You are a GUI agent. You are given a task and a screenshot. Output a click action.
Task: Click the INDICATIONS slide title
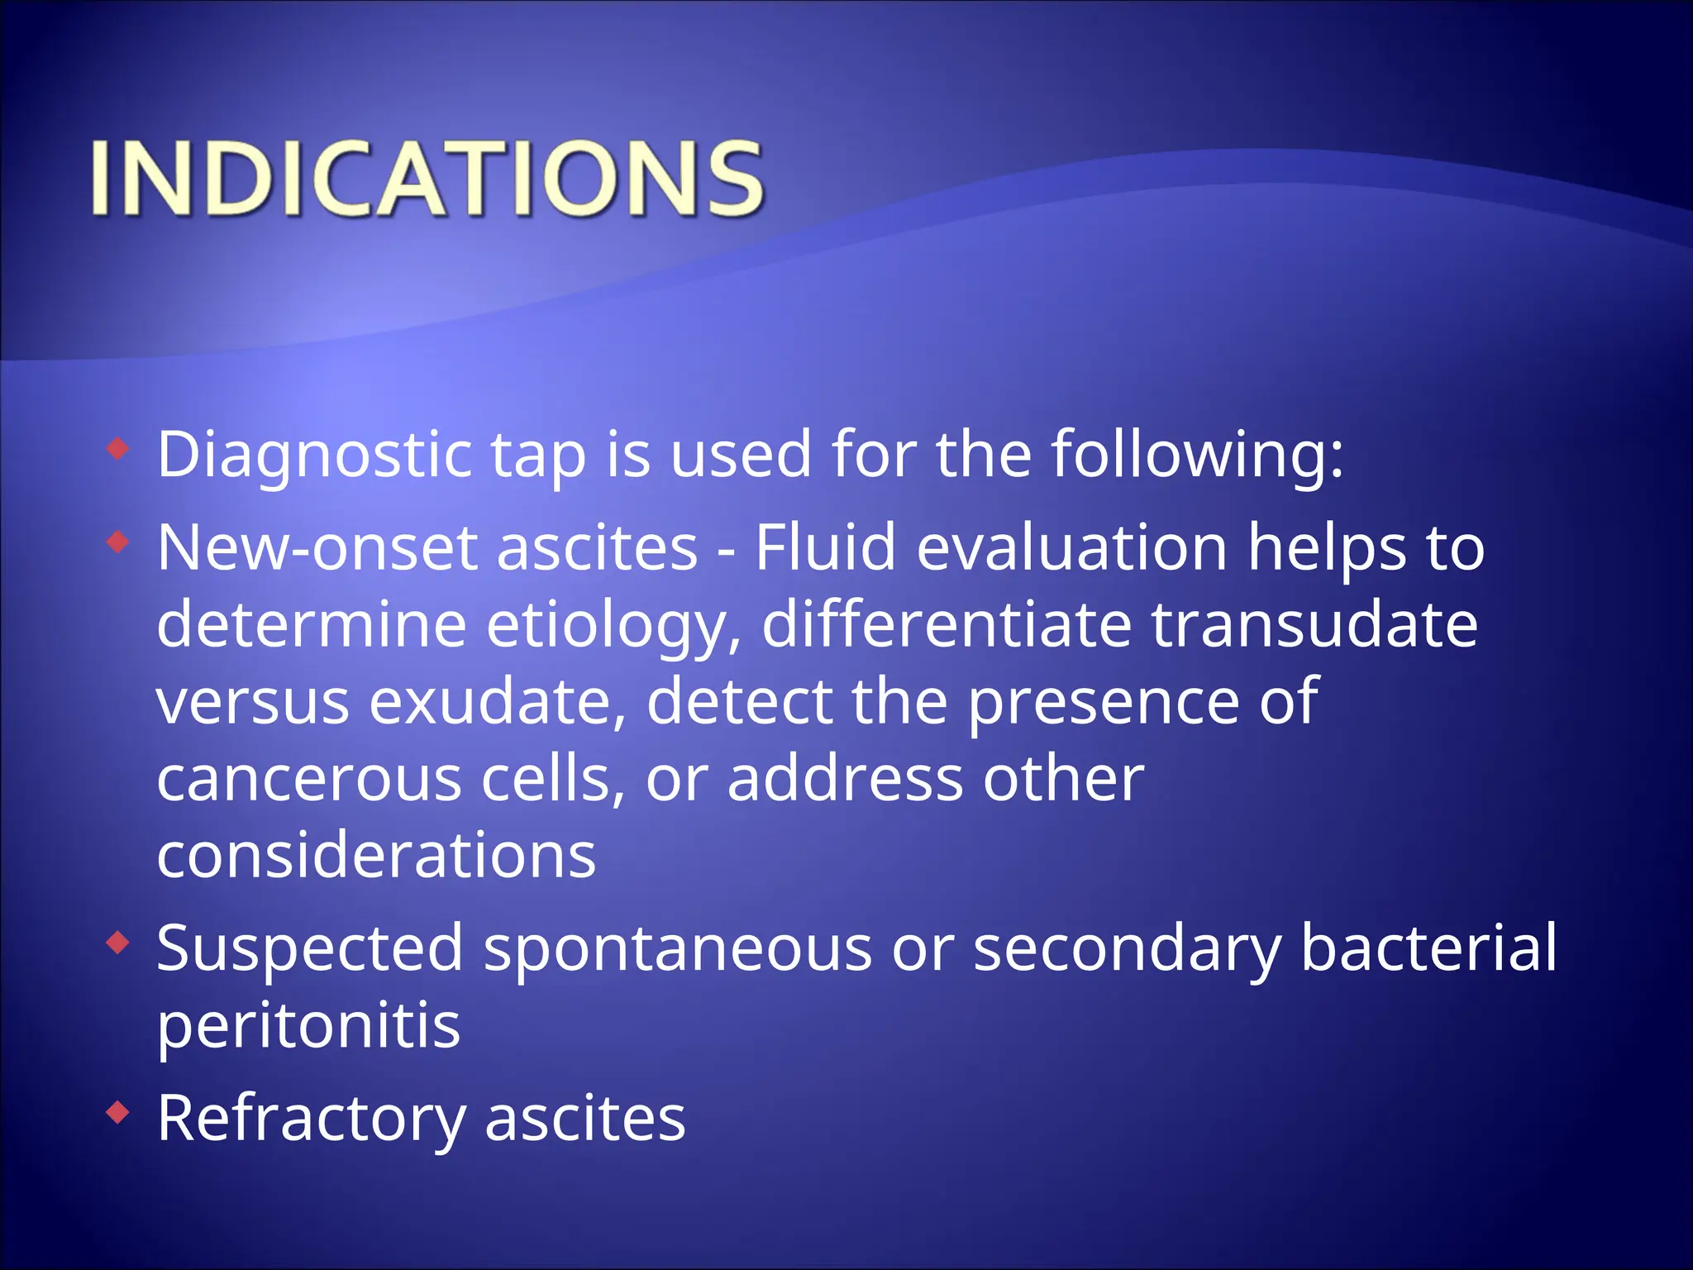tap(427, 179)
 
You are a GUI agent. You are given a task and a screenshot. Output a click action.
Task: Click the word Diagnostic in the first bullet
tap(314, 455)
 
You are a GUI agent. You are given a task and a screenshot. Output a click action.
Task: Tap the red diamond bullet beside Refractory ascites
tap(118, 1113)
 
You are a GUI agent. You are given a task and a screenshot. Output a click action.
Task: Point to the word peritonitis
tap(308, 1026)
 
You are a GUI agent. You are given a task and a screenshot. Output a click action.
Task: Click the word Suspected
tap(309, 949)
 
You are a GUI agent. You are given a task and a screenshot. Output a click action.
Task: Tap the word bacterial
tap(1428, 948)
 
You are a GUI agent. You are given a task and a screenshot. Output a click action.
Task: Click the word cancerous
tap(308, 779)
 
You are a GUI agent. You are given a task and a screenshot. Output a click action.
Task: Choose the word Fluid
tap(825, 547)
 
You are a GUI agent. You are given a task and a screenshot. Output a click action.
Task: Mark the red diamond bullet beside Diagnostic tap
tap(118, 449)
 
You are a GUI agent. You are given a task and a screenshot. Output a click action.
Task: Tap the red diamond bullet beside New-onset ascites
tap(118, 542)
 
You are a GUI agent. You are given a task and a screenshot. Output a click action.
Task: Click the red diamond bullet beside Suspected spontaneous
tap(118, 943)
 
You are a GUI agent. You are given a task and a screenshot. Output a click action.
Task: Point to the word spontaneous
tap(677, 949)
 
